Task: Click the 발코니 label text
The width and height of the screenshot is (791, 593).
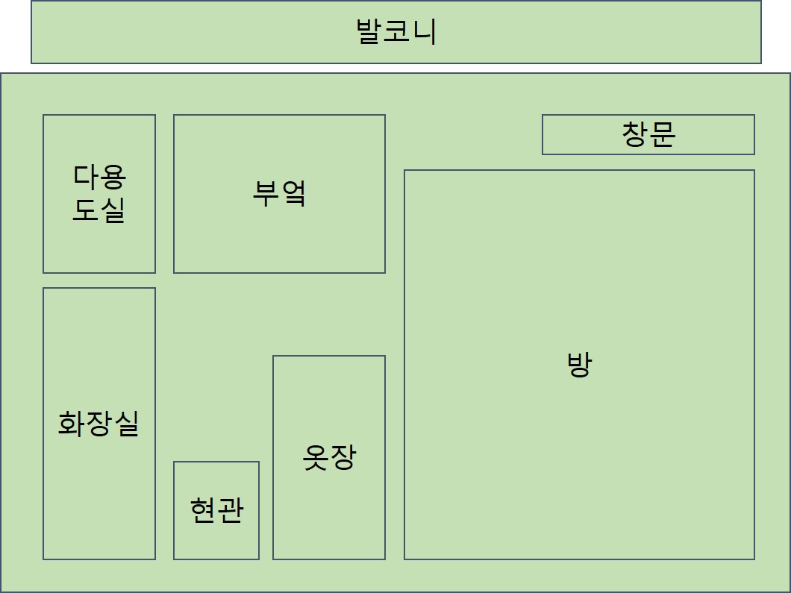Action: tap(396, 32)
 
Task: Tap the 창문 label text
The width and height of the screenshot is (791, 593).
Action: tap(648, 134)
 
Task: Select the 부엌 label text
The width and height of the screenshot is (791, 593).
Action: tap(279, 193)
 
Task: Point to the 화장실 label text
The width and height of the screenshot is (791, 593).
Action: tap(99, 423)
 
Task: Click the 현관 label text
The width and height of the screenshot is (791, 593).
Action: tap(216, 511)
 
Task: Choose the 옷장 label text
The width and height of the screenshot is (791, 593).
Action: tap(329, 456)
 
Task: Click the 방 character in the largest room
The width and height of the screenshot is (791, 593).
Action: tap(579, 365)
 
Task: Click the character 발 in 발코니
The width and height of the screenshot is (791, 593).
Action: tap(369, 32)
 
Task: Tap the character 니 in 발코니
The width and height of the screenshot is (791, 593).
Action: tap(423, 32)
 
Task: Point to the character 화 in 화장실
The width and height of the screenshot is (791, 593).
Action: tap(72, 423)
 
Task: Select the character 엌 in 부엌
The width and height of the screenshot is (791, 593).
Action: tap(293, 193)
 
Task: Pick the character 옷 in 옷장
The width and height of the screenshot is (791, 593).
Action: tap(316, 456)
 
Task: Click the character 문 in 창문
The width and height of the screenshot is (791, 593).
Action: tap(662, 134)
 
